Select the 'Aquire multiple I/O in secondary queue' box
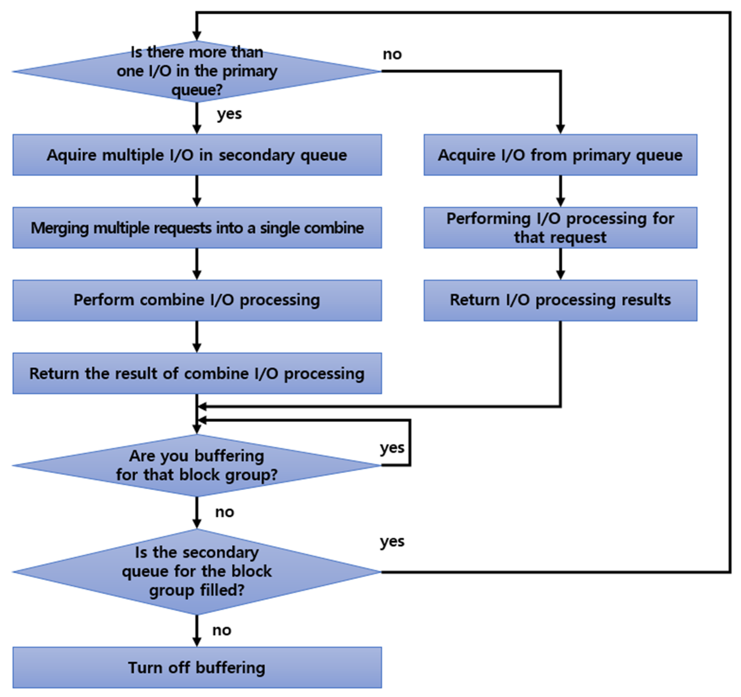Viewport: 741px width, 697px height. (197, 155)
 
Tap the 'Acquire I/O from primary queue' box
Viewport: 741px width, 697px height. (560, 155)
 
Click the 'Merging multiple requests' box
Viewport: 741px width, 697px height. (197, 228)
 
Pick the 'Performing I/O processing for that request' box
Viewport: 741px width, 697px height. (560, 228)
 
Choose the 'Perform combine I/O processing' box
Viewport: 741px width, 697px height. (197, 301)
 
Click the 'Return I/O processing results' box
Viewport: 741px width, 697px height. (560, 301)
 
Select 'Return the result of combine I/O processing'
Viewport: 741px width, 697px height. (197, 374)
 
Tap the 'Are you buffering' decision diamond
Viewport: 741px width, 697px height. (197, 465)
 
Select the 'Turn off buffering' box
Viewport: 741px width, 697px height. (197, 668)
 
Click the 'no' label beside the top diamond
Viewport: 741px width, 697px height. (392, 54)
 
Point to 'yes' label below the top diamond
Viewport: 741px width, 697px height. (229, 113)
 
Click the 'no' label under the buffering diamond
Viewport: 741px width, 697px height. (224, 512)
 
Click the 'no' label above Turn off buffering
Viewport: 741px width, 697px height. (222, 630)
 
